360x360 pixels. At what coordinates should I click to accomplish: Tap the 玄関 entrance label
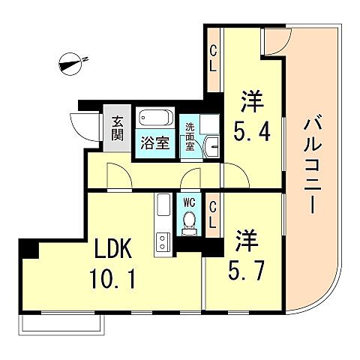click(118, 128)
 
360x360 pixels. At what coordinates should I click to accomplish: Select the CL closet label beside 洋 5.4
click(214, 58)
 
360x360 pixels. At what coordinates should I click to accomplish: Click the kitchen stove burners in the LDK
click(161, 241)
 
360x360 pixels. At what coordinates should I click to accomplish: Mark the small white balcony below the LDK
click(64, 323)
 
